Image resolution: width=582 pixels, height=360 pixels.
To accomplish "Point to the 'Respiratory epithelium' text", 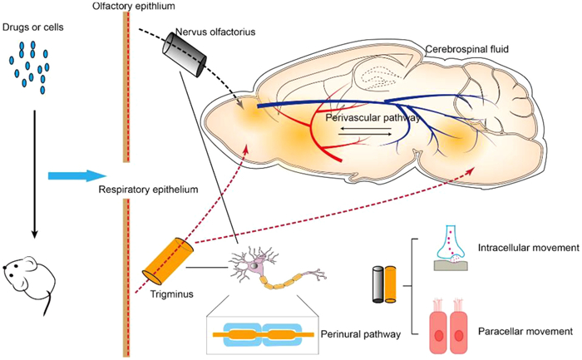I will point(147,190).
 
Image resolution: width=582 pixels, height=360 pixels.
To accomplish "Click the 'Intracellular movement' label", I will point(527,247).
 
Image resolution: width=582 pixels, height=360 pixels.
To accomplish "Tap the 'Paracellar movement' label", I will point(525,331).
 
